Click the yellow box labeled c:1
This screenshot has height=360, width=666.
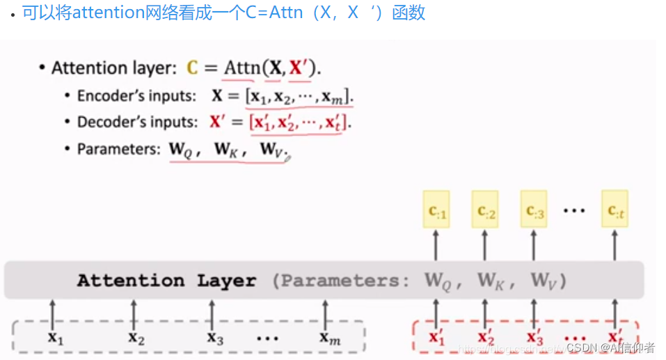(436, 210)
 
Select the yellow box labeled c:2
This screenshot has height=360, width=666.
(486, 210)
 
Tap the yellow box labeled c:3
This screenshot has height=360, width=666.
(534, 210)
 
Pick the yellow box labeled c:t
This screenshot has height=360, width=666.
(615, 210)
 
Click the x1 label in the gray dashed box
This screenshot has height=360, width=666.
(55, 338)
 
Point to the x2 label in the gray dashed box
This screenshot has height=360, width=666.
(136, 338)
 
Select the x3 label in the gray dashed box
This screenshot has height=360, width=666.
(214, 338)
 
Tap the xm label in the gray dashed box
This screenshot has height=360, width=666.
(329, 338)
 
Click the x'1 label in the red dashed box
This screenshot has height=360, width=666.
(436, 338)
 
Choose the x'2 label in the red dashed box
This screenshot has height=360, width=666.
(486, 338)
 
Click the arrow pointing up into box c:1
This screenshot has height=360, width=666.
(436, 246)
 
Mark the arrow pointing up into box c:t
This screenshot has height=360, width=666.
(615, 246)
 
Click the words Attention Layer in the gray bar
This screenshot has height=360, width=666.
(166, 281)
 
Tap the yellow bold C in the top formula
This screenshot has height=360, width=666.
(193, 68)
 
